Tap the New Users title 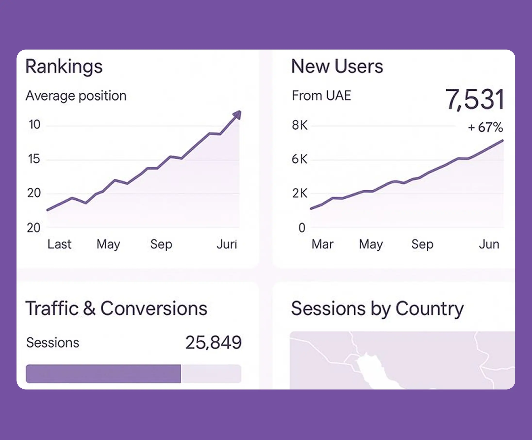click(337, 66)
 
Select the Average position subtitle click(76, 96)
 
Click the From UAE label click(321, 96)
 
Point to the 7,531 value click(474, 100)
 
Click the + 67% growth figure click(485, 127)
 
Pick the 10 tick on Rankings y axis click(34, 125)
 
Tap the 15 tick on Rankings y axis click(34, 159)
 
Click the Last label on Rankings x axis click(59, 244)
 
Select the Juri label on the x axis click(227, 244)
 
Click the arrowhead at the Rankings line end click(238, 115)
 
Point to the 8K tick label click(299, 125)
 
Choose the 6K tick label click(299, 159)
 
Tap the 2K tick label click(299, 193)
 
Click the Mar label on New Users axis click(322, 244)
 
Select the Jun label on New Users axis click(489, 244)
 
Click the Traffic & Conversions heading click(116, 308)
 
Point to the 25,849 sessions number click(213, 343)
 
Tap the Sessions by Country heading click(377, 309)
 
